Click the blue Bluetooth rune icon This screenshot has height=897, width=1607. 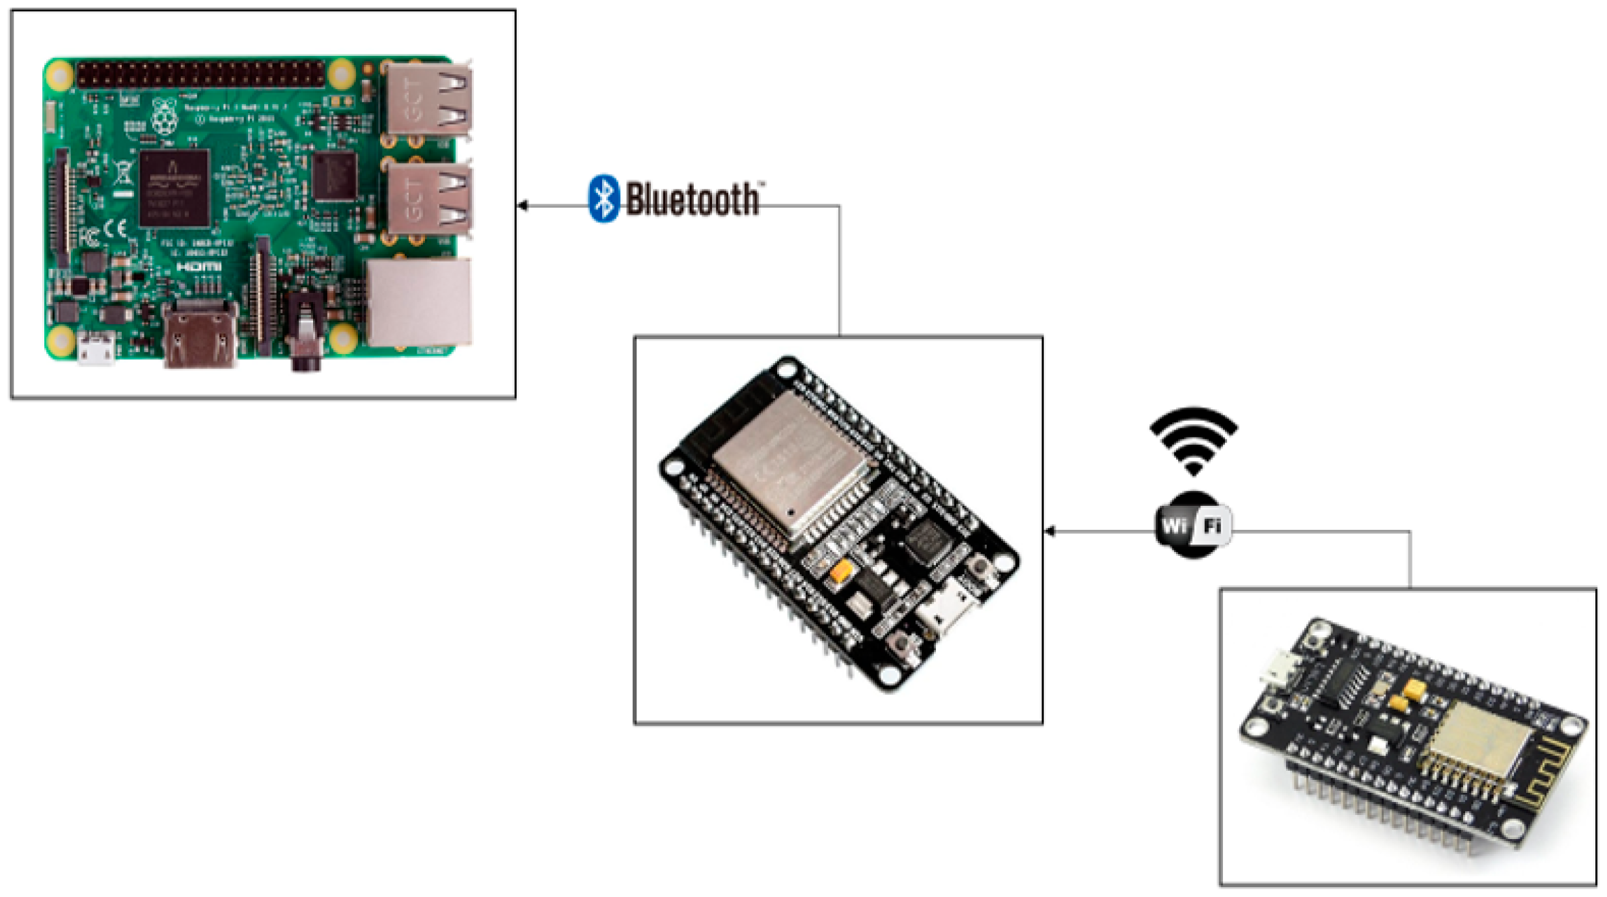603,199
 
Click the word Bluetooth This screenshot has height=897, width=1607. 692,199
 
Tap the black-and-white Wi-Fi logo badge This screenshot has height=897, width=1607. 1192,525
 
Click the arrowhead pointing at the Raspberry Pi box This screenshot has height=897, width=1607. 523,206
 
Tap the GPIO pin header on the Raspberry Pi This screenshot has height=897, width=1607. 200,74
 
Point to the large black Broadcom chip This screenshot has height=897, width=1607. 174,188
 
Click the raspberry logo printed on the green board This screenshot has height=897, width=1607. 165,117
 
